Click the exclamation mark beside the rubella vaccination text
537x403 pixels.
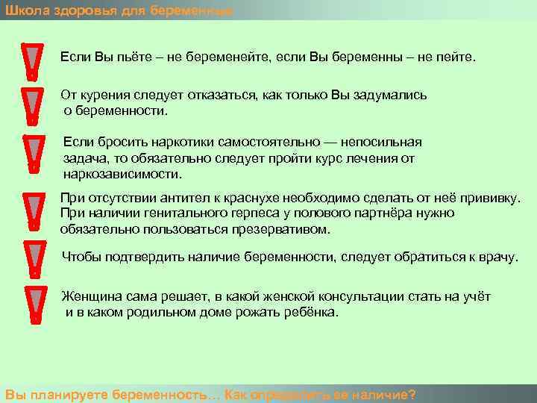[32, 212]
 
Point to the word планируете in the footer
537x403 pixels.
[65, 394]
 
